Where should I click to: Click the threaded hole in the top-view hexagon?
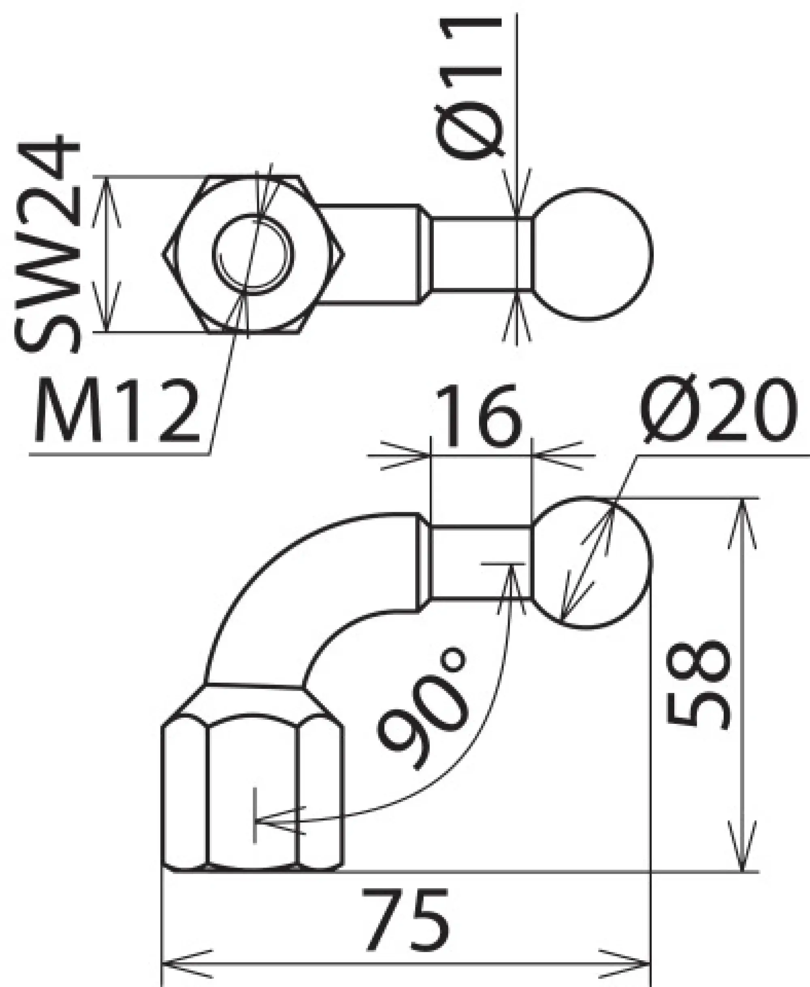[254, 254]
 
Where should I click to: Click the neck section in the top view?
[481, 254]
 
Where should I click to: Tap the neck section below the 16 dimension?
[481, 562]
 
